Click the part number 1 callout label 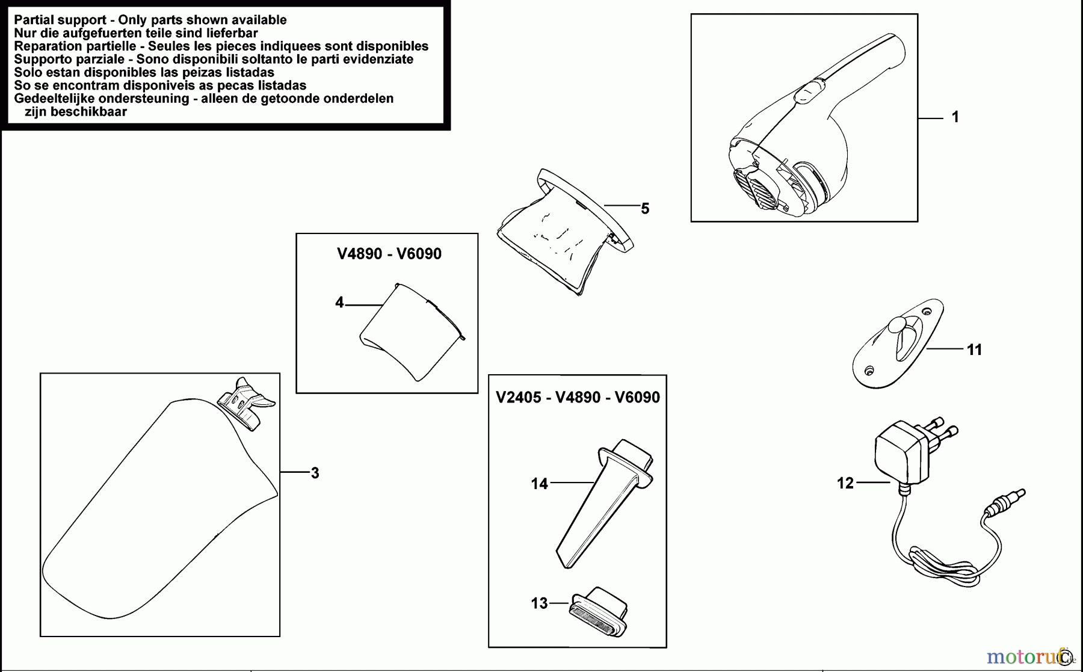pyautogui.click(x=955, y=117)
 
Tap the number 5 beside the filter pyautogui.click(x=645, y=209)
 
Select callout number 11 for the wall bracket pyautogui.click(x=974, y=350)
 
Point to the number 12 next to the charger pyautogui.click(x=845, y=483)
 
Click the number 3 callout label pyautogui.click(x=315, y=473)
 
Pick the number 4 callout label pyautogui.click(x=339, y=303)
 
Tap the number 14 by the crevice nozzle pyautogui.click(x=539, y=484)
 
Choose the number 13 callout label pyautogui.click(x=539, y=603)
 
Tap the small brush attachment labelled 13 pyautogui.click(x=599, y=612)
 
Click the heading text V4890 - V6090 pyautogui.click(x=389, y=254)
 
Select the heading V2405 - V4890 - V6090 pyautogui.click(x=578, y=398)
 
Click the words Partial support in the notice pyautogui.click(x=60, y=20)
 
